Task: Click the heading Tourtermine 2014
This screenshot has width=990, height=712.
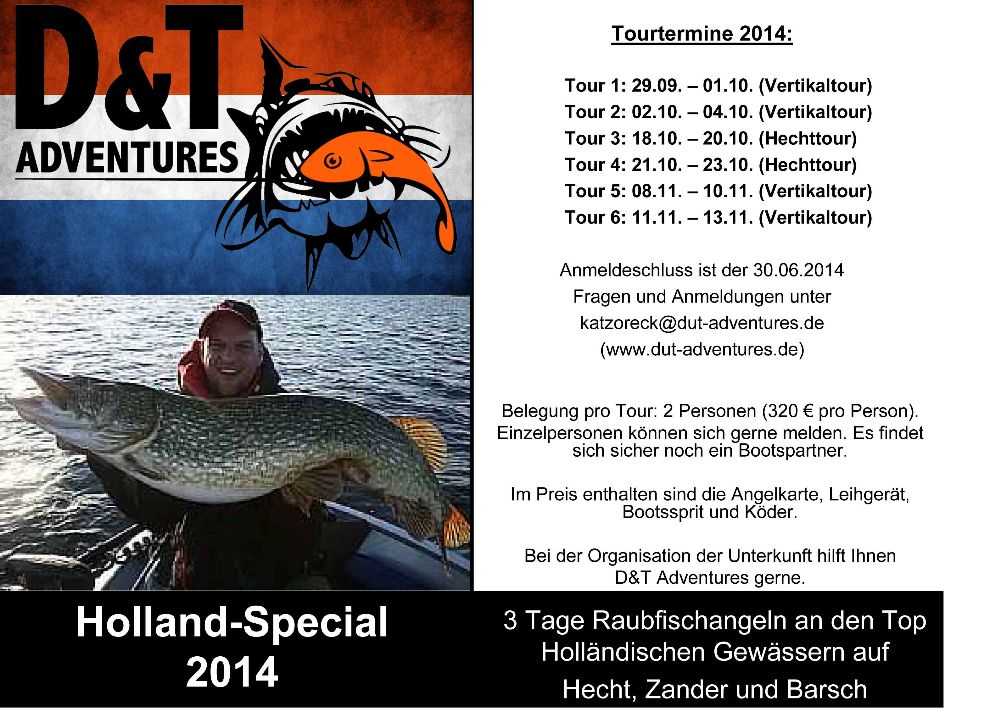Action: pyautogui.click(x=702, y=34)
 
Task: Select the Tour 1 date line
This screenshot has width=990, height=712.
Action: pyautogui.click(x=718, y=86)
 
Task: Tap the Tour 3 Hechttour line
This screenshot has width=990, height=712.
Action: pyautogui.click(x=711, y=139)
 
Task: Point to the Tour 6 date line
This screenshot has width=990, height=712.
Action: pyautogui.click(x=718, y=218)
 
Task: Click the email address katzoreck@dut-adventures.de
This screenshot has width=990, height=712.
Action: pyautogui.click(x=702, y=323)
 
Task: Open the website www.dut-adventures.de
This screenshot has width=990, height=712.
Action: pyautogui.click(x=702, y=349)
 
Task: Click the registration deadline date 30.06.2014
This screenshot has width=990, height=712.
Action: pyautogui.click(x=798, y=270)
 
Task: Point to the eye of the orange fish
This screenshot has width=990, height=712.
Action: pyautogui.click(x=333, y=161)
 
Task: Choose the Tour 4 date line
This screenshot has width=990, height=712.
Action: pyautogui.click(x=711, y=165)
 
